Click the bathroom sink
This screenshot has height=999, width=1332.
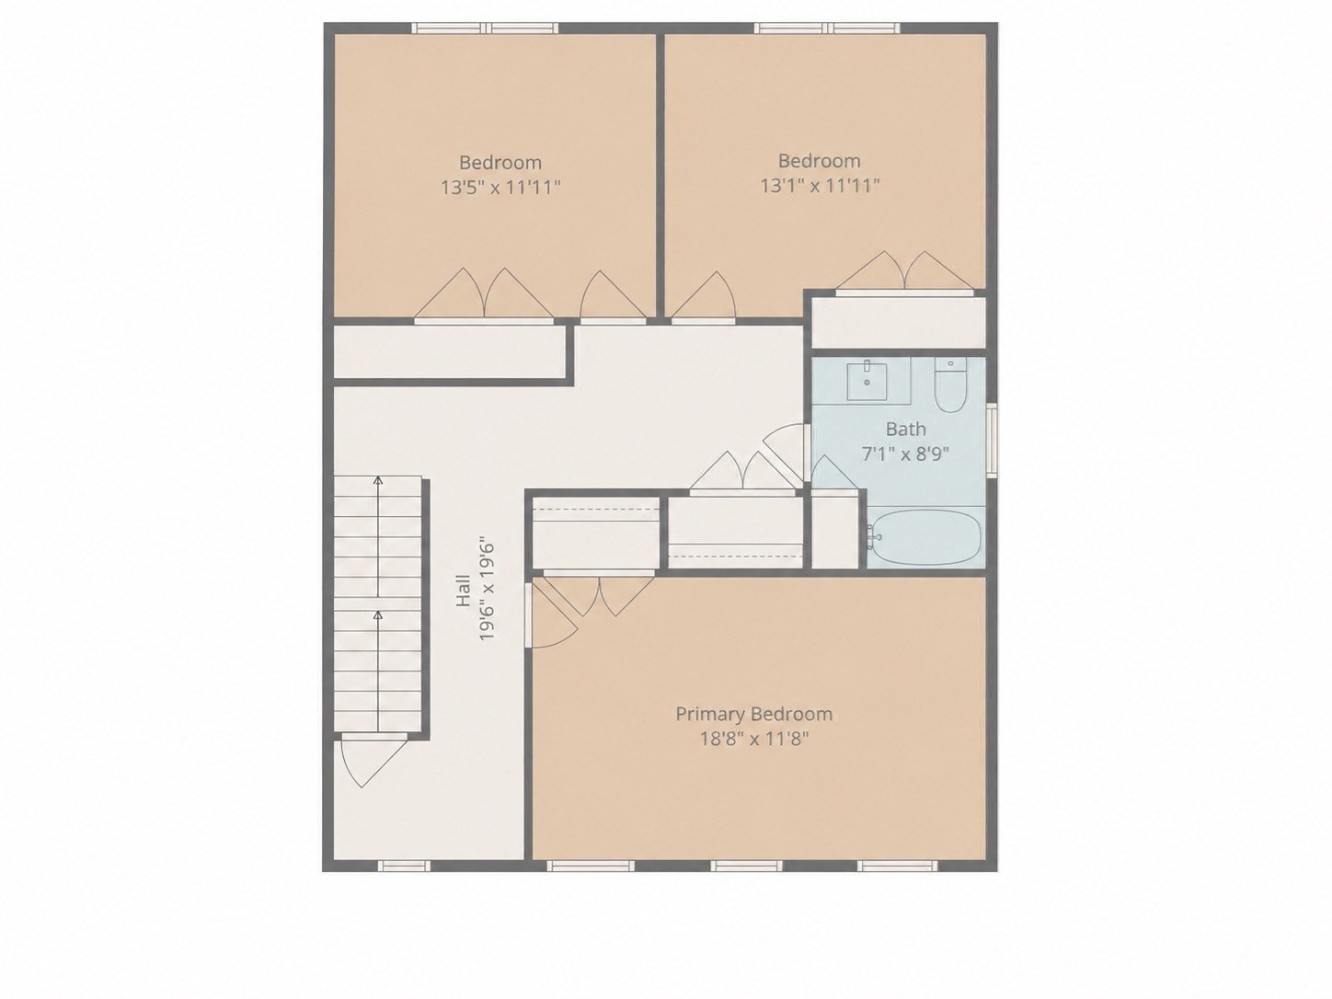click(867, 379)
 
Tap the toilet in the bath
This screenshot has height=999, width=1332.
click(950, 385)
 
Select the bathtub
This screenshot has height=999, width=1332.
click(924, 537)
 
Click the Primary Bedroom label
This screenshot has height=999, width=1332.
click(753, 715)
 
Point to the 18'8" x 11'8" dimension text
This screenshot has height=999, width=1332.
click(754, 740)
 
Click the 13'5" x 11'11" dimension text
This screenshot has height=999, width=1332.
click(500, 188)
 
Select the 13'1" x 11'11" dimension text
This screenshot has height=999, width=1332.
click(820, 186)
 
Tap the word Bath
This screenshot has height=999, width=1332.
click(905, 430)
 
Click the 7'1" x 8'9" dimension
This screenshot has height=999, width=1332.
click(905, 454)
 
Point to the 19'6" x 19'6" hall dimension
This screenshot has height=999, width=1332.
click(487, 588)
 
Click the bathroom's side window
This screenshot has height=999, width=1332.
click(992, 440)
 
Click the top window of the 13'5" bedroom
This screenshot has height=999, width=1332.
click(485, 28)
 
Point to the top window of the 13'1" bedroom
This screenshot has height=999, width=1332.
click(827, 28)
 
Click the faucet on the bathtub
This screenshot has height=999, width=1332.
click(874, 537)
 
